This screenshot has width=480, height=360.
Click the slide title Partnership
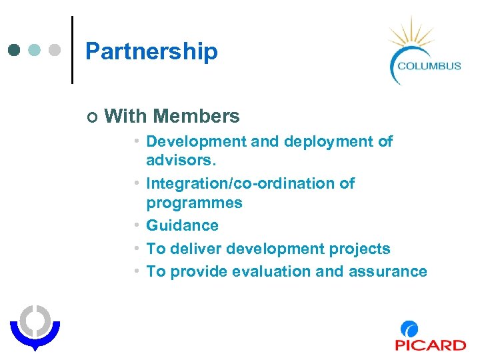point(151,51)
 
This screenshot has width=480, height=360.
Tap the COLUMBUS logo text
point(429,65)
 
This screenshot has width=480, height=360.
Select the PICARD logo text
point(430,345)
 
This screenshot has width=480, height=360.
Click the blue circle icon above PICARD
point(410,329)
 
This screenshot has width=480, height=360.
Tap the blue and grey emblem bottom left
point(35,325)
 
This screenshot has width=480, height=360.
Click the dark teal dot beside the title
point(15,50)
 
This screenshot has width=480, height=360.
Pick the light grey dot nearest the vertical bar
point(55,50)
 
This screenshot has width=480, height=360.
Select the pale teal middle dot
point(35,50)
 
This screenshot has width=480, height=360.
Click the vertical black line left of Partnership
point(72,50)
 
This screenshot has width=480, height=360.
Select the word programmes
point(194,203)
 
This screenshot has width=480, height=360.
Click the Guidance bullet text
point(182,225)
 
